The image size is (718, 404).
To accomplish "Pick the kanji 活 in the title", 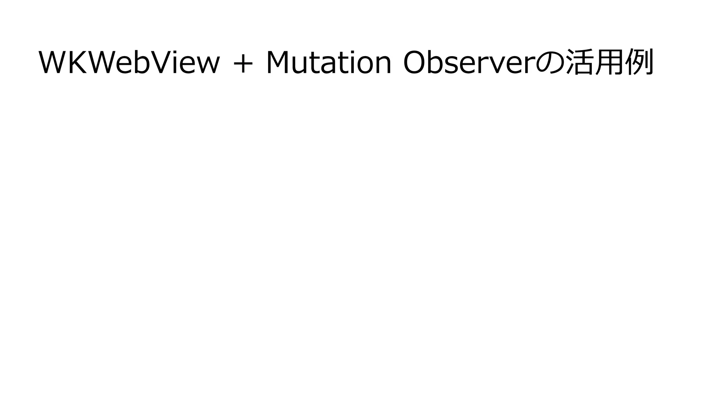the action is [580, 62].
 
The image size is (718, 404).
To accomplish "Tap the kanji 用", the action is [610, 62].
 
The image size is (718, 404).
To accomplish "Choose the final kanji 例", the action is [640, 62].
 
